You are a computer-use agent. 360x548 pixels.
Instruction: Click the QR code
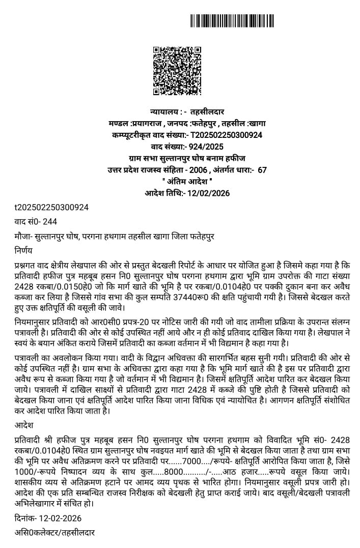pyautogui.click(x=177, y=71)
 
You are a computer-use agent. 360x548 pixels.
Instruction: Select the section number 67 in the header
pyautogui.click(x=262, y=169)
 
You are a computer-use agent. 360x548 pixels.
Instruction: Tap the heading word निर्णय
pyautogui.click(x=23, y=250)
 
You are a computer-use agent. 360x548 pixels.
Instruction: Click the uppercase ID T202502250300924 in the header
pyautogui.click(x=226, y=135)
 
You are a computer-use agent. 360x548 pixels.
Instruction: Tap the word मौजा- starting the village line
pyautogui.click(x=23, y=236)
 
